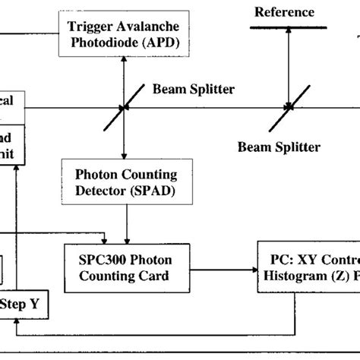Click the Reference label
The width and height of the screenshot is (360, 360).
pyautogui.click(x=284, y=11)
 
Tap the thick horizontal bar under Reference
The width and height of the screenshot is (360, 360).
pyautogui.click(x=289, y=27)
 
